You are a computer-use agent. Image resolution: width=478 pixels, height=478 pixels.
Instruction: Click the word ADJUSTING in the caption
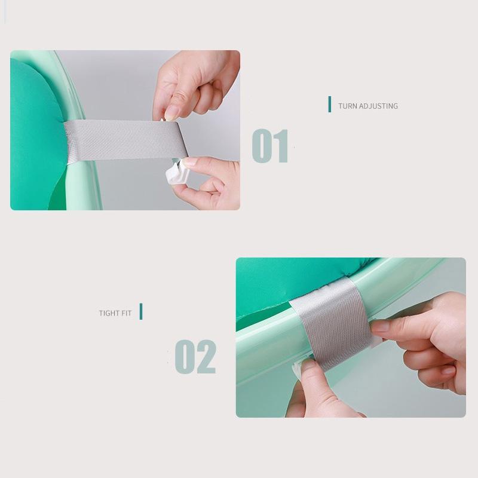pos(378,106)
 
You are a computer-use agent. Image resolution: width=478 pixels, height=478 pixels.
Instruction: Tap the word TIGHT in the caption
pos(109,313)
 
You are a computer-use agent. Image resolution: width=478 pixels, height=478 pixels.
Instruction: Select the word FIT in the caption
pos(126,313)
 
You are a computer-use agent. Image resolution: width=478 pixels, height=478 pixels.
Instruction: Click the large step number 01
pos(270,146)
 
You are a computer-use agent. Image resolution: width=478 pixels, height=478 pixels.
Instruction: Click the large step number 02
pos(195,357)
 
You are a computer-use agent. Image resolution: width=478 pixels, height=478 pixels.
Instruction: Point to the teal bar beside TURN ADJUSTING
pos(330,104)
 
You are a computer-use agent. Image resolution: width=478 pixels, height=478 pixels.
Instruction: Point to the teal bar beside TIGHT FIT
pos(141,311)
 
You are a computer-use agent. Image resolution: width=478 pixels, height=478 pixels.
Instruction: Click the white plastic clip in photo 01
pos(177,173)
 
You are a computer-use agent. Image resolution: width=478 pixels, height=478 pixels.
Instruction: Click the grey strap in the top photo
pos(125,140)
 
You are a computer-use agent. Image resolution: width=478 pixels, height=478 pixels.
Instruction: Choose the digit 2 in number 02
pos(206,357)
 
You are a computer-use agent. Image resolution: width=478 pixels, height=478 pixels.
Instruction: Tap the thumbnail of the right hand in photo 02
pos(380,327)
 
